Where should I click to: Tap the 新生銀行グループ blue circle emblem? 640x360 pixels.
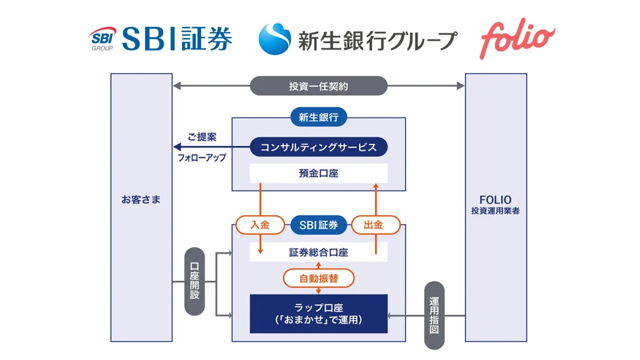274,39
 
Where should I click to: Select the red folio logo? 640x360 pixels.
517,39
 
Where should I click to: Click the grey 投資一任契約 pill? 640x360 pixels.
318,86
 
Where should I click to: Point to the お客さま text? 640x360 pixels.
141,199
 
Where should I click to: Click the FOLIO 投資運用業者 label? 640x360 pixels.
495,205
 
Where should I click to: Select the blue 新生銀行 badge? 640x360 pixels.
318,118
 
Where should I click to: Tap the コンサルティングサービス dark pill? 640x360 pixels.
318,147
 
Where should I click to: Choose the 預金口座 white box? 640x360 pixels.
318,173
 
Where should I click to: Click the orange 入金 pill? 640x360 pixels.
259,225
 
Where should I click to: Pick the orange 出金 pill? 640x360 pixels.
375,225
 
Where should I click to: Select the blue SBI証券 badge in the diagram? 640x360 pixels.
318,225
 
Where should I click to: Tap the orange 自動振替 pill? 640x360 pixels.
318,278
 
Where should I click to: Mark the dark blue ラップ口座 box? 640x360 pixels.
318,313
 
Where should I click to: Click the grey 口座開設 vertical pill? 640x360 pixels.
194,281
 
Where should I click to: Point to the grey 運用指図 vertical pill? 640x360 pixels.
434,315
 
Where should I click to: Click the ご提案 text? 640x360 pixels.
202,137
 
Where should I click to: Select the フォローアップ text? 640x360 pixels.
202,157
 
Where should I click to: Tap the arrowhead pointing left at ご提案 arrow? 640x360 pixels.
176,147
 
